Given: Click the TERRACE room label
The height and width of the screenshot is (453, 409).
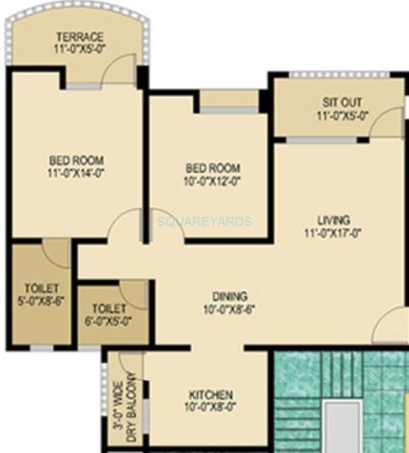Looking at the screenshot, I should click(80, 37).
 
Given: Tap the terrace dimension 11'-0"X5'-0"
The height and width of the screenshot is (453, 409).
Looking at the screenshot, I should click(80, 49).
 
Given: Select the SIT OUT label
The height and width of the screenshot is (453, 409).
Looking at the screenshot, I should click(341, 103).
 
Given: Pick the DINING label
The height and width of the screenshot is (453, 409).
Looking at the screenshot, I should click(229, 296).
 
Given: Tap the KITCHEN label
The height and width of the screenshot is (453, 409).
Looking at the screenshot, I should click(210, 394).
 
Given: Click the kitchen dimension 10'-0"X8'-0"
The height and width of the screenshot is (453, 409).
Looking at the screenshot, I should click(210, 408).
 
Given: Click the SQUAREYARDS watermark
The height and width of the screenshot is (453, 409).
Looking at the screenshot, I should click(204, 222).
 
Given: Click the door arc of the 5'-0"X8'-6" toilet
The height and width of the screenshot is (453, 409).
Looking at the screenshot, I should click(57, 253).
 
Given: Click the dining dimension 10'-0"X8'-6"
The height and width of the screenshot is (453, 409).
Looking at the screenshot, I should click(229, 310).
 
